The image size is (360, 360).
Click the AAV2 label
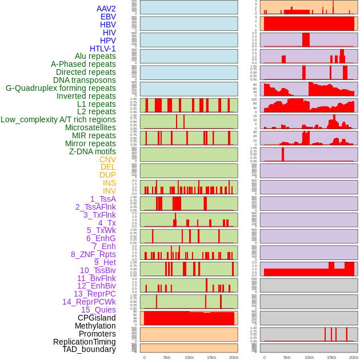point(106,9)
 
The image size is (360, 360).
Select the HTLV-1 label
point(103,49)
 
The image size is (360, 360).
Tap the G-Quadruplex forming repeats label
point(61,88)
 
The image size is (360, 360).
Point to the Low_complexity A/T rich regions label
point(58,119)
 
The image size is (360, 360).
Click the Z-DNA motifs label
point(93,151)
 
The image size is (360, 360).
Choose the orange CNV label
point(107,159)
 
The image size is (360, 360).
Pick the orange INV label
point(109,191)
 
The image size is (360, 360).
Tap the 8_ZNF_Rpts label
point(93,254)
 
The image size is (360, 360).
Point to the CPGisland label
point(97,318)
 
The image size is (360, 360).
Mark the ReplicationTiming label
point(85,342)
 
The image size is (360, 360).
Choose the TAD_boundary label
point(89,349)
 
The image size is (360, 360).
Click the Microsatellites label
point(90,127)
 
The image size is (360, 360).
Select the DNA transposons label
point(85,80)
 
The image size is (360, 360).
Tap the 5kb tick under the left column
point(167,357)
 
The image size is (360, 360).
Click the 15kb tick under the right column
point(331,357)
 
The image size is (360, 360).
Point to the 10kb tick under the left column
point(189,357)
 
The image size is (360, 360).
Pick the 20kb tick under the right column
point(354,357)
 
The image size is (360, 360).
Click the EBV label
point(108,17)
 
